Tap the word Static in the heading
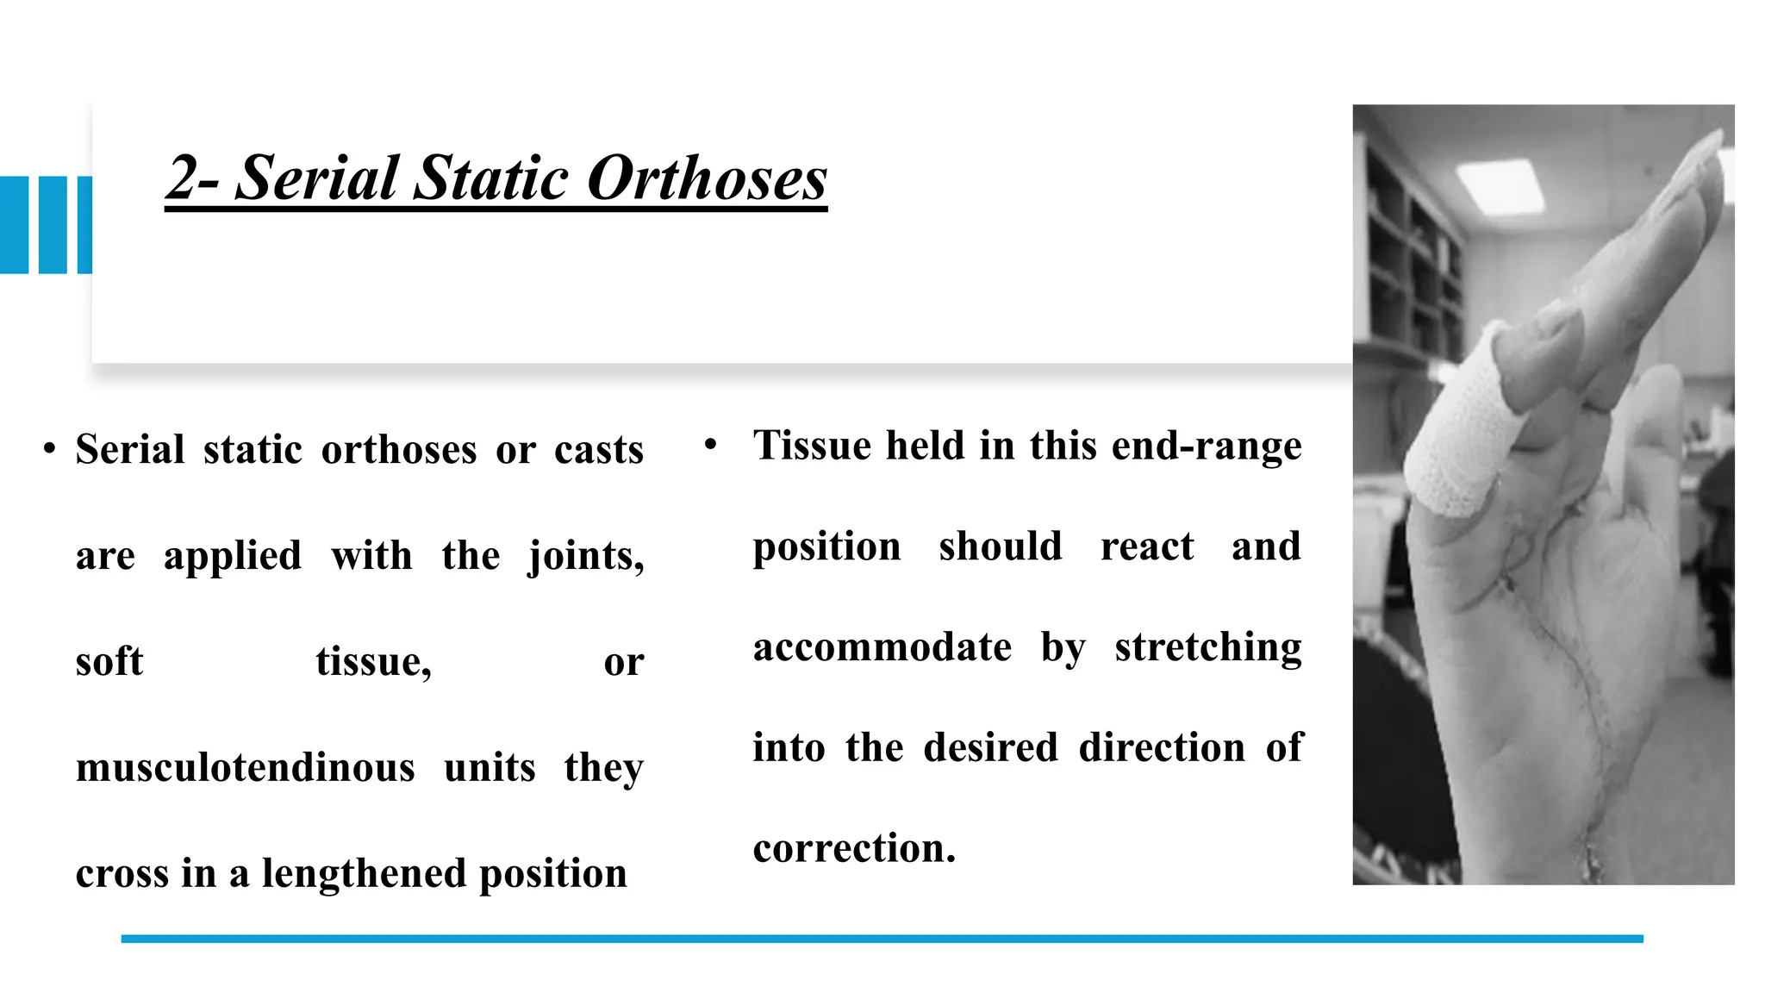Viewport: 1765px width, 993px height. point(490,178)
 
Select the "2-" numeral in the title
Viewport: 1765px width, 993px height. point(193,178)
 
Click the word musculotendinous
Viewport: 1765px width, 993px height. point(246,767)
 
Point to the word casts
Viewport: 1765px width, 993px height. point(599,450)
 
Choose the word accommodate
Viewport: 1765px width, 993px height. point(882,646)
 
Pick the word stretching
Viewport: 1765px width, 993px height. point(1208,648)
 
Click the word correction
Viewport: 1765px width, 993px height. point(854,848)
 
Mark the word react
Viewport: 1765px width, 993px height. point(1147,546)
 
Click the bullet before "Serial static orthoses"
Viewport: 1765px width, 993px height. point(50,449)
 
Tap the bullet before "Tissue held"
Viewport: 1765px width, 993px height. point(710,445)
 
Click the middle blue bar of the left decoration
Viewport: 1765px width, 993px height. point(53,225)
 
